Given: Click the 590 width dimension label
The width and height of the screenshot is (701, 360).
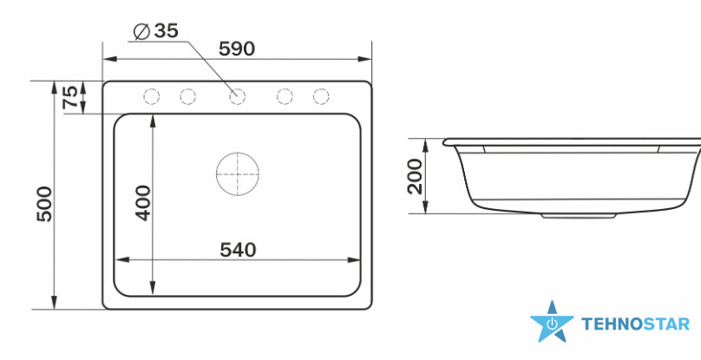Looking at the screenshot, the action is (237, 49).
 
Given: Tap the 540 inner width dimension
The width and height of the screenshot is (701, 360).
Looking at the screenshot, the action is (238, 250).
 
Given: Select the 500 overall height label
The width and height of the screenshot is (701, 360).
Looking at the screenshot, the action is (45, 204).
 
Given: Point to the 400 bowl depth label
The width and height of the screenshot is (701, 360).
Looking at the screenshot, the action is (143, 203).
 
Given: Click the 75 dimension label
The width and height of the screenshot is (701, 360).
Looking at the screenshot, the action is (70, 97).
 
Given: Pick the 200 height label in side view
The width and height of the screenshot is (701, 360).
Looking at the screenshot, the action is (416, 176).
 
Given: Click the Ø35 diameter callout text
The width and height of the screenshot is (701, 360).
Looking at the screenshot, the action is (156, 31).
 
